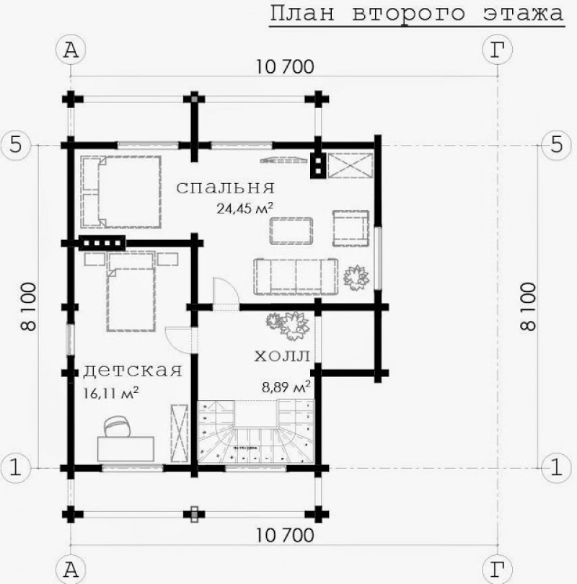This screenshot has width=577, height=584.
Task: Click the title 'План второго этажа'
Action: (416, 14)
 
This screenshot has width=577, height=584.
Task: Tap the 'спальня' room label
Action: (225, 188)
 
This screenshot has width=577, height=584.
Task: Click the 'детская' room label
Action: (132, 371)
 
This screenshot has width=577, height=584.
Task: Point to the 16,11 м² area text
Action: (112, 394)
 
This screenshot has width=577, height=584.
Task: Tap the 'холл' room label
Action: (282, 356)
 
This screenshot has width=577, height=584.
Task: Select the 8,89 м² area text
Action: (286, 386)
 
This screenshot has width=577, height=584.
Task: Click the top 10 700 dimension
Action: (285, 68)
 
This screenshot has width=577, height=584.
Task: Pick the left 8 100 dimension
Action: (30, 306)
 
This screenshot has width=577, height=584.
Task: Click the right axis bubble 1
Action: (556, 466)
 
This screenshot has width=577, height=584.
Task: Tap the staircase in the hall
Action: (256, 433)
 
